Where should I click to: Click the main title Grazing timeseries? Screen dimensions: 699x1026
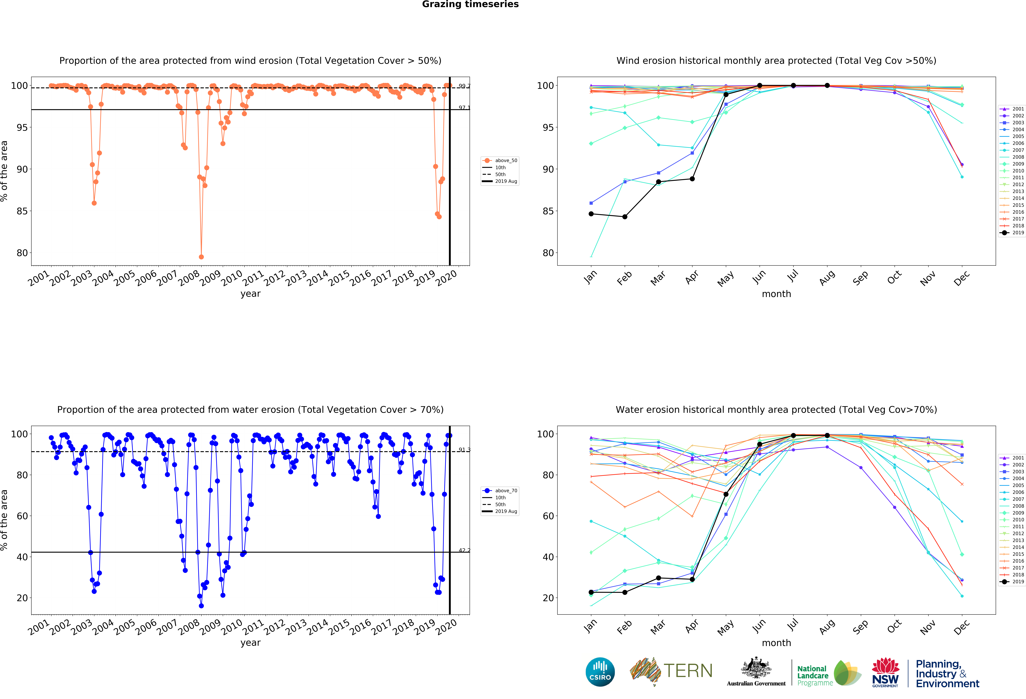click(470, 4)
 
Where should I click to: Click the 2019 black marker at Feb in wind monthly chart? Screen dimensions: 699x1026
click(625, 217)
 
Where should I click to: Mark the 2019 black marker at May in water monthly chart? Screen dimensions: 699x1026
click(726, 494)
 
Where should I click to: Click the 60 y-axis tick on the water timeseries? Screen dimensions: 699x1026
click(22, 516)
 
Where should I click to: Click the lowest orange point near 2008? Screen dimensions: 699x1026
click(201, 257)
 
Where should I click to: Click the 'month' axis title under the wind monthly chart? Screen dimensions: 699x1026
click(776, 294)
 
